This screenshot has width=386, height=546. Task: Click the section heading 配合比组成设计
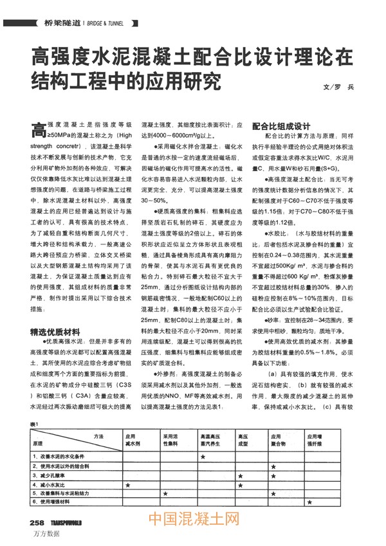(281, 126)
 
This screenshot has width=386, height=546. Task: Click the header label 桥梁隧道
(62, 23)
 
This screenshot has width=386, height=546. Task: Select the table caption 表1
(34, 424)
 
